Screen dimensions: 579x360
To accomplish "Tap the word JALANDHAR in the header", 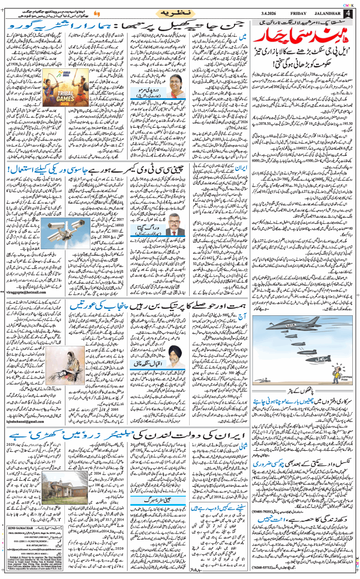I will point(322,13).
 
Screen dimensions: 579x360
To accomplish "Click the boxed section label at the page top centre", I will point(181,11).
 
